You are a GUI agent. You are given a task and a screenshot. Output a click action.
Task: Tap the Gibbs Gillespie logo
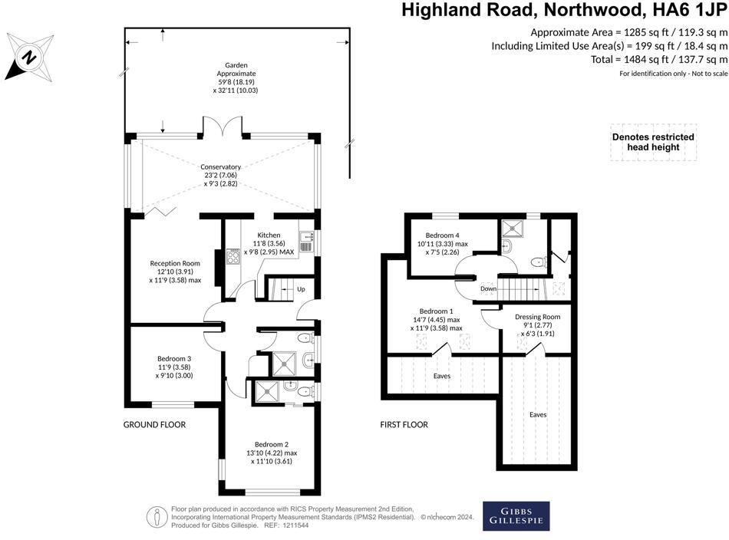(x=516, y=516)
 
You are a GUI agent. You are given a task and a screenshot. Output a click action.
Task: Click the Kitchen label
(x=269, y=235)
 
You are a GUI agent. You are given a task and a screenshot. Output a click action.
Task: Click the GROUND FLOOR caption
(x=155, y=424)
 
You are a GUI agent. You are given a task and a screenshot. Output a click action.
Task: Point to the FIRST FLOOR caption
(x=404, y=424)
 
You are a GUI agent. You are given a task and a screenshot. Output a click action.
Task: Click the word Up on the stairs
(x=300, y=289)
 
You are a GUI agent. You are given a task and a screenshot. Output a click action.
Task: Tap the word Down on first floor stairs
(x=487, y=288)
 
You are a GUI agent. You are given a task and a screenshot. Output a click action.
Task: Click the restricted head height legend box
(x=652, y=142)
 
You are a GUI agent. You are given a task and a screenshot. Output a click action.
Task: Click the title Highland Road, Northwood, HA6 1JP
(x=565, y=10)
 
